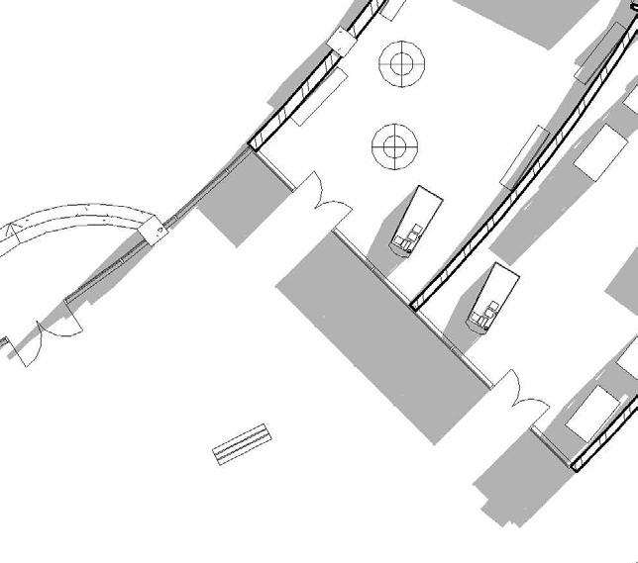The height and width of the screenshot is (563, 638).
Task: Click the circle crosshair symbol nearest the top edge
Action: point(401,65)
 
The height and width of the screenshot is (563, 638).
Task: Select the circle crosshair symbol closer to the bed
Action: point(394,146)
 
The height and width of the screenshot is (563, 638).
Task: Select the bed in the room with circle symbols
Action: point(417,220)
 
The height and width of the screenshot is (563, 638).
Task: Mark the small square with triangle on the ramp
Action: point(159,231)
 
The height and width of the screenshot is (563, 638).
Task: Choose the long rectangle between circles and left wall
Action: point(317,97)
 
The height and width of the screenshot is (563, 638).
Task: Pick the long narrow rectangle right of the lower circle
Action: point(525,156)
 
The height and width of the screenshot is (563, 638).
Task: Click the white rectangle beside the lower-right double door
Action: point(591,414)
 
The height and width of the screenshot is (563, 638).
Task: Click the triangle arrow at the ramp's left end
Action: point(12,234)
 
